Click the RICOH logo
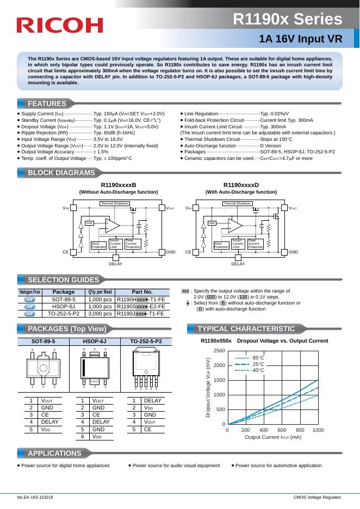(59, 25)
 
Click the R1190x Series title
(288, 20)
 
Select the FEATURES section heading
(47, 103)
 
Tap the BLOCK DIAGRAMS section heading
(61, 173)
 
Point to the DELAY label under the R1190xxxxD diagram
(238, 264)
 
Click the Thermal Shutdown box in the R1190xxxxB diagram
(114, 203)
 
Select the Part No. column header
(142, 292)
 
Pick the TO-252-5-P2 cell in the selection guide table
(64, 314)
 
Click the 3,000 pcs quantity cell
(100, 314)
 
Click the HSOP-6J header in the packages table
(94, 341)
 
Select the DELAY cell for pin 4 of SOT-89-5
(49, 421)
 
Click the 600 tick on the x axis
(282, 430)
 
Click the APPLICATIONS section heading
(54, 453)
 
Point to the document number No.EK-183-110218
(35, 498)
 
